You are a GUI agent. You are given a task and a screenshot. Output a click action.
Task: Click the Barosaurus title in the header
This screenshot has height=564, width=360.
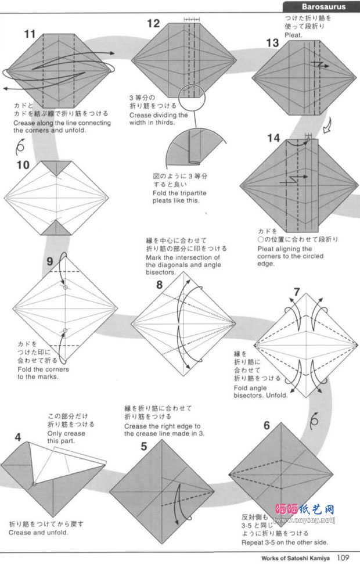[x=323, y=7]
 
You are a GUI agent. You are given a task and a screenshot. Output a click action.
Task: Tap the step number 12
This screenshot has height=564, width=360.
[x=153, y=24]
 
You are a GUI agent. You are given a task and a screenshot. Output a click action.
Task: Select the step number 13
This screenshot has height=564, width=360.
[x=272, y=42]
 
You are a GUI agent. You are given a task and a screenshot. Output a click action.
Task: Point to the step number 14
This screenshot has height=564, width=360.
[x=273, y=138]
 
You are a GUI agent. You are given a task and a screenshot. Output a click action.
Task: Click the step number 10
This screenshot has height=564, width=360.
[x=23, y=165]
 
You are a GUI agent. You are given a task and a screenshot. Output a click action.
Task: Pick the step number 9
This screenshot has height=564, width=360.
[x=50, y=261]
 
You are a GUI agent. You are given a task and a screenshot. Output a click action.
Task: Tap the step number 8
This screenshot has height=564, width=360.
[x=159, y=285]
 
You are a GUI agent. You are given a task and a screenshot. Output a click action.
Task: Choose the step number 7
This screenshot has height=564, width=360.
[x=297, y=292]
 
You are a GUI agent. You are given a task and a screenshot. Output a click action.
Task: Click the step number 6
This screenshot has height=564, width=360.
[x=267, y=425]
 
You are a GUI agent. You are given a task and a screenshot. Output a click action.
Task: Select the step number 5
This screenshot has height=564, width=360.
[x=144, y=446]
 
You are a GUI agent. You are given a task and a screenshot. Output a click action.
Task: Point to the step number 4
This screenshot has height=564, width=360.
[x=18, y=436]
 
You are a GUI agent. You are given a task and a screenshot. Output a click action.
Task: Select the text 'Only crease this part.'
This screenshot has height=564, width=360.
[x=66, y=437]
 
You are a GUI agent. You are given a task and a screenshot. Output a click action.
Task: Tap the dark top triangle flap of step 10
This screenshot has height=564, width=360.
[x=57, y=167]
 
